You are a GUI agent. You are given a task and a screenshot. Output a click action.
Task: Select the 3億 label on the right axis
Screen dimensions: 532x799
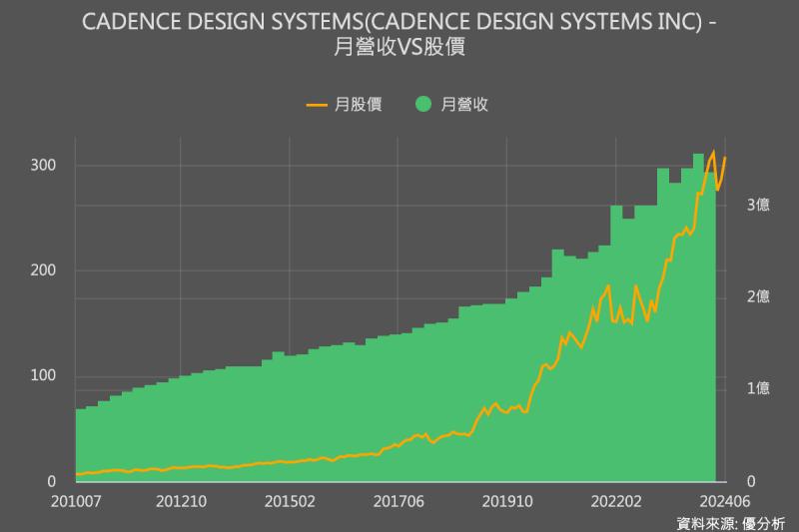[x=758, y=204]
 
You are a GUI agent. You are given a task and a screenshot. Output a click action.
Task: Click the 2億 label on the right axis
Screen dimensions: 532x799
[x=758, y=295]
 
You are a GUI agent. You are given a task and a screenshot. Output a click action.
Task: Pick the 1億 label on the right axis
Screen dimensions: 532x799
[x=758, y=388]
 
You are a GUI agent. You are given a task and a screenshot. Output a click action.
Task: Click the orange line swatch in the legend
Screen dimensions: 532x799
[x=319, y=103]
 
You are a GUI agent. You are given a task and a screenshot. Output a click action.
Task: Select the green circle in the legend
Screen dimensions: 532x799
[x=423, y=103]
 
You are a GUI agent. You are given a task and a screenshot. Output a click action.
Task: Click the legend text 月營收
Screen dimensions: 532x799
[x=464, y=103]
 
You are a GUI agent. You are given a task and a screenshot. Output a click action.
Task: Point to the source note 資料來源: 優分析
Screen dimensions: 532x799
[x=730, y=522]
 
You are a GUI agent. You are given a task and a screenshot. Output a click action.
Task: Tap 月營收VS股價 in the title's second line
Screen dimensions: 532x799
[x=399, y=47]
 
